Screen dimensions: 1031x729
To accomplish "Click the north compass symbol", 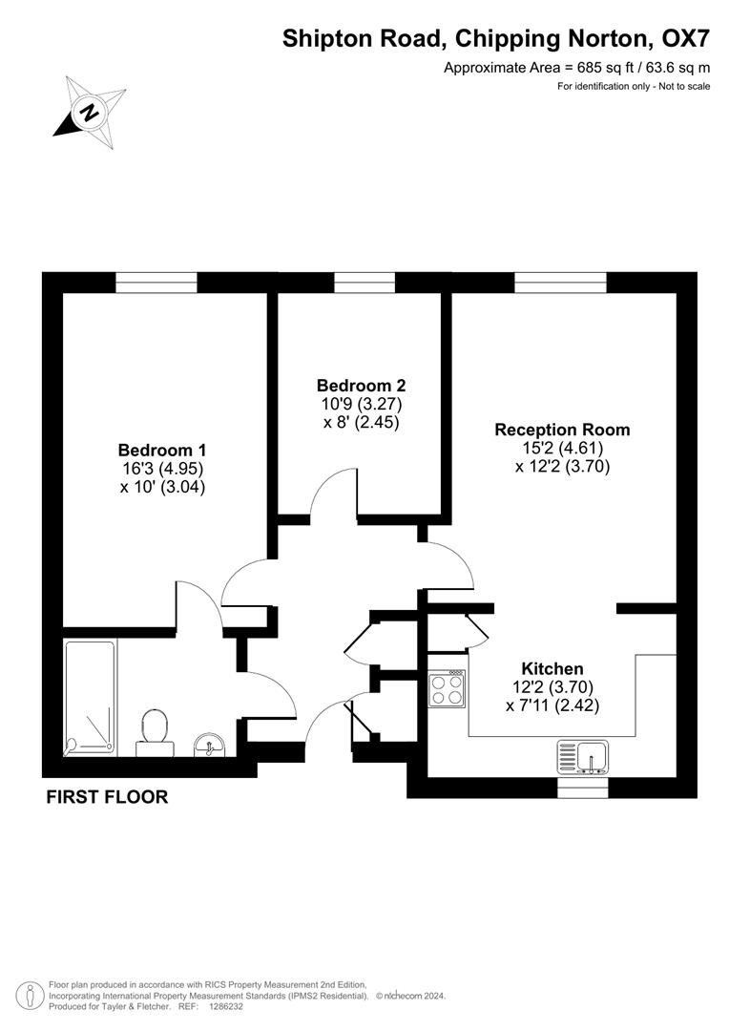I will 90,111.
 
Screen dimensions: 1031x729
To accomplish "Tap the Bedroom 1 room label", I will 161,450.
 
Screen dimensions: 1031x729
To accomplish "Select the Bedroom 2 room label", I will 361,386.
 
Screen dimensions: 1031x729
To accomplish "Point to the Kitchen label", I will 552,668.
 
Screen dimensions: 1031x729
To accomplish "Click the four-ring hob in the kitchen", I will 448,689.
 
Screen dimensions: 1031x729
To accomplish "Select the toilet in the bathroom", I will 153,731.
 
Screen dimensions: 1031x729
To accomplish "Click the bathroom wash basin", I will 208,743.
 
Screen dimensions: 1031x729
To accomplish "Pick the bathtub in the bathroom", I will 90,698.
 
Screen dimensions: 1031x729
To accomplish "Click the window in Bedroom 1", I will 156,282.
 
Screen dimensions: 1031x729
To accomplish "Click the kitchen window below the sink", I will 582,788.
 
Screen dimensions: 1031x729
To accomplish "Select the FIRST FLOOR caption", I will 107,797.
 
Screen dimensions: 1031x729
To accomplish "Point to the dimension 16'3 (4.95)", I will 161,468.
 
